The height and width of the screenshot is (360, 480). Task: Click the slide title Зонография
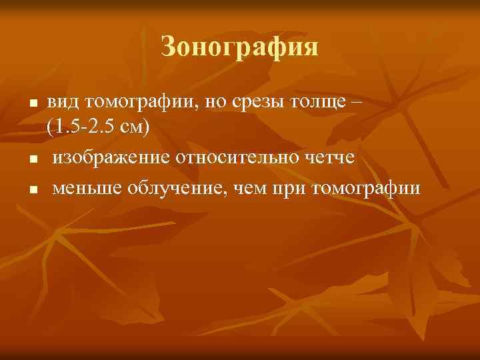point(240,47)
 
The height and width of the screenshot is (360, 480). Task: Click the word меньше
point(83,188)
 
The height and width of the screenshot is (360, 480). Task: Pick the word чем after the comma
point(248,188)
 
